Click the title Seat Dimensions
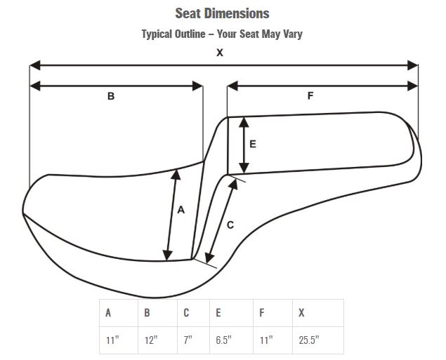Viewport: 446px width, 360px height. tap(222, 13)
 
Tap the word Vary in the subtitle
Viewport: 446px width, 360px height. tap(292, 34)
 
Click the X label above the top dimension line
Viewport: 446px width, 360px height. tap(220, 53)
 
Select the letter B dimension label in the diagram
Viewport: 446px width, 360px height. tap(111, 96)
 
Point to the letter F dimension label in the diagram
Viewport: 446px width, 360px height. tap(310, 95)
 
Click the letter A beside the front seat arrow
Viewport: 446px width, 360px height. tap(181, 210)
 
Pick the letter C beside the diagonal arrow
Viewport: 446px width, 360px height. tap(230, 225)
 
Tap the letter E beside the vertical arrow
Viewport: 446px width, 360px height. tap(253, 145)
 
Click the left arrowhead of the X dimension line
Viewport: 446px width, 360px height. tap(35, 65)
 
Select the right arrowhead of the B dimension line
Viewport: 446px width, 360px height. tap(197, 86)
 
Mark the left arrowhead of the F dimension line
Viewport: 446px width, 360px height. tap(232, 86)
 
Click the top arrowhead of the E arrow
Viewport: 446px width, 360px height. tap(244, 122)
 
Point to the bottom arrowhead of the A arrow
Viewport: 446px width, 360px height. tap(168, 255)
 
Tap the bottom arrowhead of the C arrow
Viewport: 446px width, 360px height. tap(209, 258)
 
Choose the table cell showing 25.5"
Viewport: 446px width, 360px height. tap(318, 340)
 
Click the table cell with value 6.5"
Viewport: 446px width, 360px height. tap(231, 340)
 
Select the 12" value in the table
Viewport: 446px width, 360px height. tap(151, 340)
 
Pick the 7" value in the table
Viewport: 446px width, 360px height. tap(188, 340)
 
